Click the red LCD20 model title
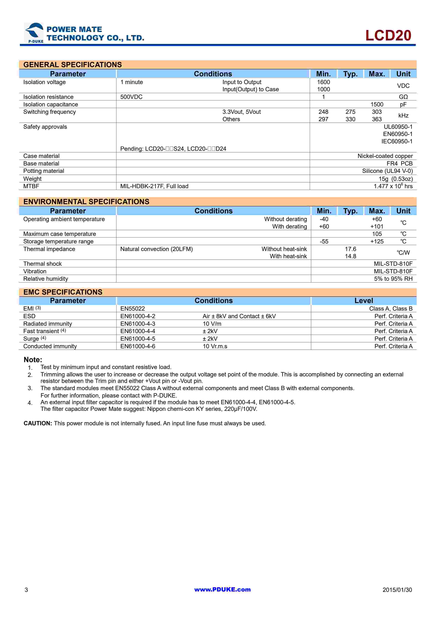(388, 36)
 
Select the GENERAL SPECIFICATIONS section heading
(72, 65)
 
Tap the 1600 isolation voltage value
(323, 82)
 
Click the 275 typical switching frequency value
(350, 112)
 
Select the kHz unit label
(403, 116)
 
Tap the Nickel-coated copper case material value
(385, 156)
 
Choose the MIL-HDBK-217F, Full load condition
(154, 186)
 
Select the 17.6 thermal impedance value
(350, 249)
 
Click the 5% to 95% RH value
(393, 279)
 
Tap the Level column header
(364, 301)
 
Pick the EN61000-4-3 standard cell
(138, 324)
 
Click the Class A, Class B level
(391, 309)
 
